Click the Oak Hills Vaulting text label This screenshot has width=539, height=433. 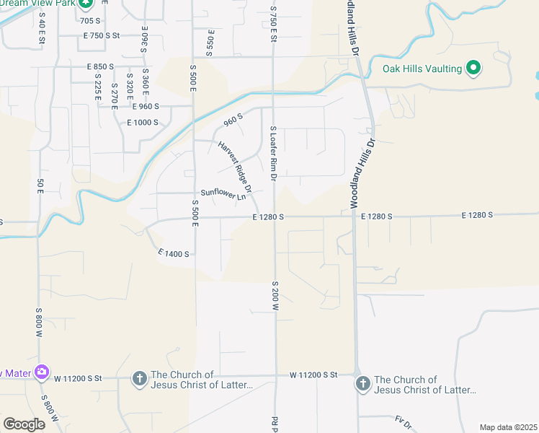point(422,69)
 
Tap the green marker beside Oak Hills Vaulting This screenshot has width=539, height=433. point(473,69)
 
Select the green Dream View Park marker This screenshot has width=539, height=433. point(86,4)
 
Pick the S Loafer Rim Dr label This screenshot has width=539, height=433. point(274,153)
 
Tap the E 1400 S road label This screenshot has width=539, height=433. point(174,254)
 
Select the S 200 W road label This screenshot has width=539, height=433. point(275,295)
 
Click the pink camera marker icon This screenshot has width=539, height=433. point(42,372)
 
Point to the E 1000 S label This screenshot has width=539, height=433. point(142,123)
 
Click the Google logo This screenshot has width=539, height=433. point(24,424)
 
